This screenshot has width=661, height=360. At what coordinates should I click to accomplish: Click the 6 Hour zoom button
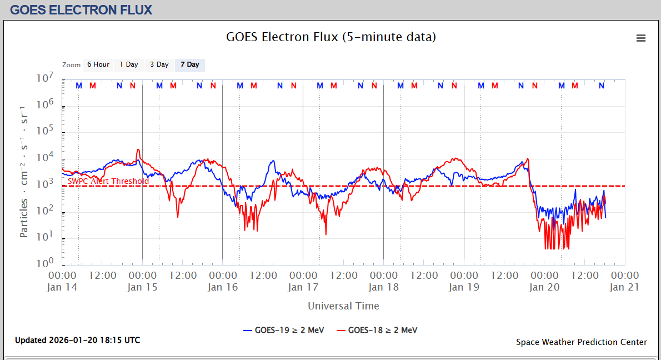pos(98,64)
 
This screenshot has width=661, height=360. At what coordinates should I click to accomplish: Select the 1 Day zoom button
pos(129,64)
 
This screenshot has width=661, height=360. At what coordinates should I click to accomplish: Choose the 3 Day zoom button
pos(159,64)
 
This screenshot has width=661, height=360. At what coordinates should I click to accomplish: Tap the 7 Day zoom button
pos(190,64)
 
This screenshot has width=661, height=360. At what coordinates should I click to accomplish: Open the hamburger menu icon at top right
pos(641,38)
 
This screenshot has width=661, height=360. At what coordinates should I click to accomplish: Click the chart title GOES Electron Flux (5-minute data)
pos(331,37)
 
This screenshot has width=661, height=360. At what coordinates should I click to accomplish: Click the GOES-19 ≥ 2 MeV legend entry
pos(283,330)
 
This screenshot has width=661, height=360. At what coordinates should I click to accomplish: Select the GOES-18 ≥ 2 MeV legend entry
pos(377,330)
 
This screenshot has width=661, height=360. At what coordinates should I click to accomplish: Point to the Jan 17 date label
pos(303,287)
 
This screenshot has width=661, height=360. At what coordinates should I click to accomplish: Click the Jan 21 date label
pos(624,287)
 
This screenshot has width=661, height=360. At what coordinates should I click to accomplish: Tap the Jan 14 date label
pos(62,287)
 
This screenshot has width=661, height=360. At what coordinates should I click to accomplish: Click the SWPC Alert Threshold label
pos(108,181)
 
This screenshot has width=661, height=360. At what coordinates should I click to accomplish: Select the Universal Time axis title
pos(343,306)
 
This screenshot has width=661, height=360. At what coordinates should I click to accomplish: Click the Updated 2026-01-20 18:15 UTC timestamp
pos(77,340)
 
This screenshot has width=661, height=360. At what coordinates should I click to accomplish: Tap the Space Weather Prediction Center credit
pos(581,342)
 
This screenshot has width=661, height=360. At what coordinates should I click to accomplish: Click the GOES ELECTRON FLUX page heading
pos(81,9)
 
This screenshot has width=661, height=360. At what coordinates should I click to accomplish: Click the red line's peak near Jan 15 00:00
pos(138,149)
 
